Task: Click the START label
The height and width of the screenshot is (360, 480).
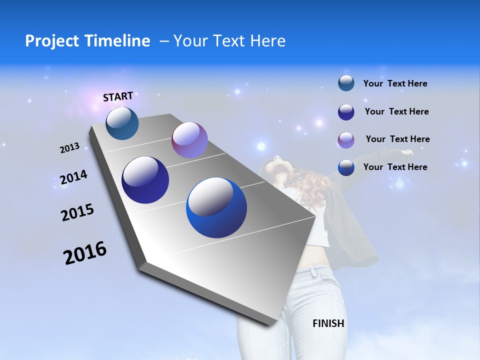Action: pos(118,96)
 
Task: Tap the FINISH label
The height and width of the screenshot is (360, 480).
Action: pos(328,323)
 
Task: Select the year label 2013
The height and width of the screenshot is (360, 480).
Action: pos(69,148)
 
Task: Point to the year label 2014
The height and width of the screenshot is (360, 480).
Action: pos(73,177)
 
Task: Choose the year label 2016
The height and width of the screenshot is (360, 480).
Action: pos(85,253)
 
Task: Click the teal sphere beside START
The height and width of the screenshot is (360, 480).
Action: pos(122,123)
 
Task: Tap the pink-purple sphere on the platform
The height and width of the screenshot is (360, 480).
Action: pos(189,140)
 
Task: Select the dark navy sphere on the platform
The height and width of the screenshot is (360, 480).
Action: pos(145,180)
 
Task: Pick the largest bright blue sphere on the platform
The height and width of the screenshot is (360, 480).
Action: pos(216,208)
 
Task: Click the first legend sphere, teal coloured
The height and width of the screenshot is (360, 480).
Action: pos(346,83)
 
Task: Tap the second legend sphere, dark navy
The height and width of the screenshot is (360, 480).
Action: pos(346,111)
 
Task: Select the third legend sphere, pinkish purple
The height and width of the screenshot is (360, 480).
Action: pos(346,139)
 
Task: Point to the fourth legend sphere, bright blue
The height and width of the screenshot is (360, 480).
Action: pos(346,167)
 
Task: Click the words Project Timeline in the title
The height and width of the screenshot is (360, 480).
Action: pos(87,41)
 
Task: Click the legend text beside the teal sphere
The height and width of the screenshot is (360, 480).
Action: pos(395,83)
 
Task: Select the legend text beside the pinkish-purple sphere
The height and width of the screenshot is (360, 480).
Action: pos(397,139)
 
